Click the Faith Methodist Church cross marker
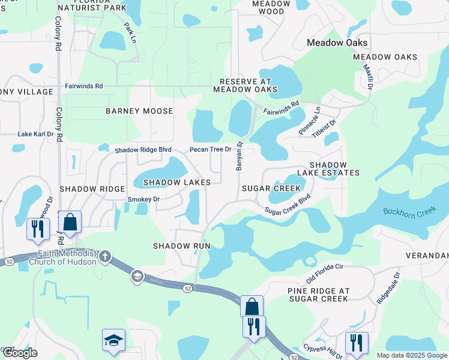[x=105, y=257]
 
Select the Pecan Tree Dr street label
[x=211, y=149]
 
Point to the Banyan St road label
[x=239, y=156]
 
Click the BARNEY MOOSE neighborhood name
[x=139, y=111]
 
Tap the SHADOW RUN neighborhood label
[x=181, y=246]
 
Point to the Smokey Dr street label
[x=143, y=199]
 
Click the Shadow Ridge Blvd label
[x=143, y=149]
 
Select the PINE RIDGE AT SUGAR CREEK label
[x=318, y=295]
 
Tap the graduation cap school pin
[x=113, y=340]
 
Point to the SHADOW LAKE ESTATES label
[x=334, y=169]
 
